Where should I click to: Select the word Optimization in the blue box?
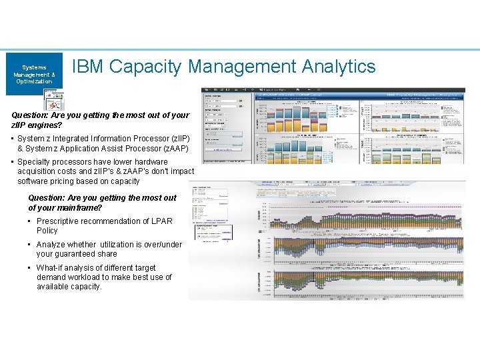34,81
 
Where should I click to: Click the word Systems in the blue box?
34,67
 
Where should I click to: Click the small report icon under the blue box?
53,100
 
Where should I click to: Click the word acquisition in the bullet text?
38,171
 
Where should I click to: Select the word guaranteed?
77,254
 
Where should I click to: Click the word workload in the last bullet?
84,277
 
